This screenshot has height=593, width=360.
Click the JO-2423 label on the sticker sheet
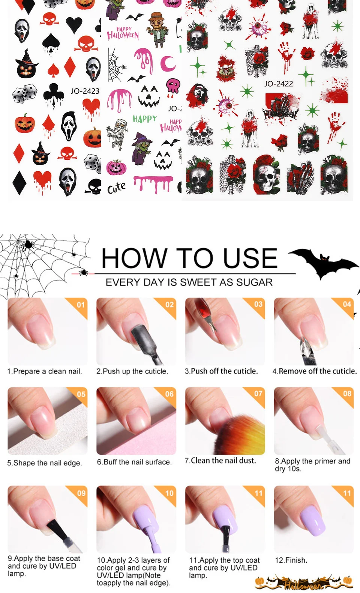85,91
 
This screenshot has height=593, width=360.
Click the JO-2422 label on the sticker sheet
279,84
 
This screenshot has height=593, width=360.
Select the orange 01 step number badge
81,305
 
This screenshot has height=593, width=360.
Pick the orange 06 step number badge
169,394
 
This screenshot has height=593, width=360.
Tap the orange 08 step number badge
347,393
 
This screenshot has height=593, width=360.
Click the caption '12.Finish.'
291,560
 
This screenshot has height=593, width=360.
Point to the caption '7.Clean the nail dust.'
220,460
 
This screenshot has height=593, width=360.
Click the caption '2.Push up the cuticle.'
132,371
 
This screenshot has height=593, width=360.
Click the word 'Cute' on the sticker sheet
116,188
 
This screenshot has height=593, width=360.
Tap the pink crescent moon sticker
168,63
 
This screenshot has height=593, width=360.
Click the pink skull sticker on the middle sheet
173,86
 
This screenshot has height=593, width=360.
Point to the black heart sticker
74,25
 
